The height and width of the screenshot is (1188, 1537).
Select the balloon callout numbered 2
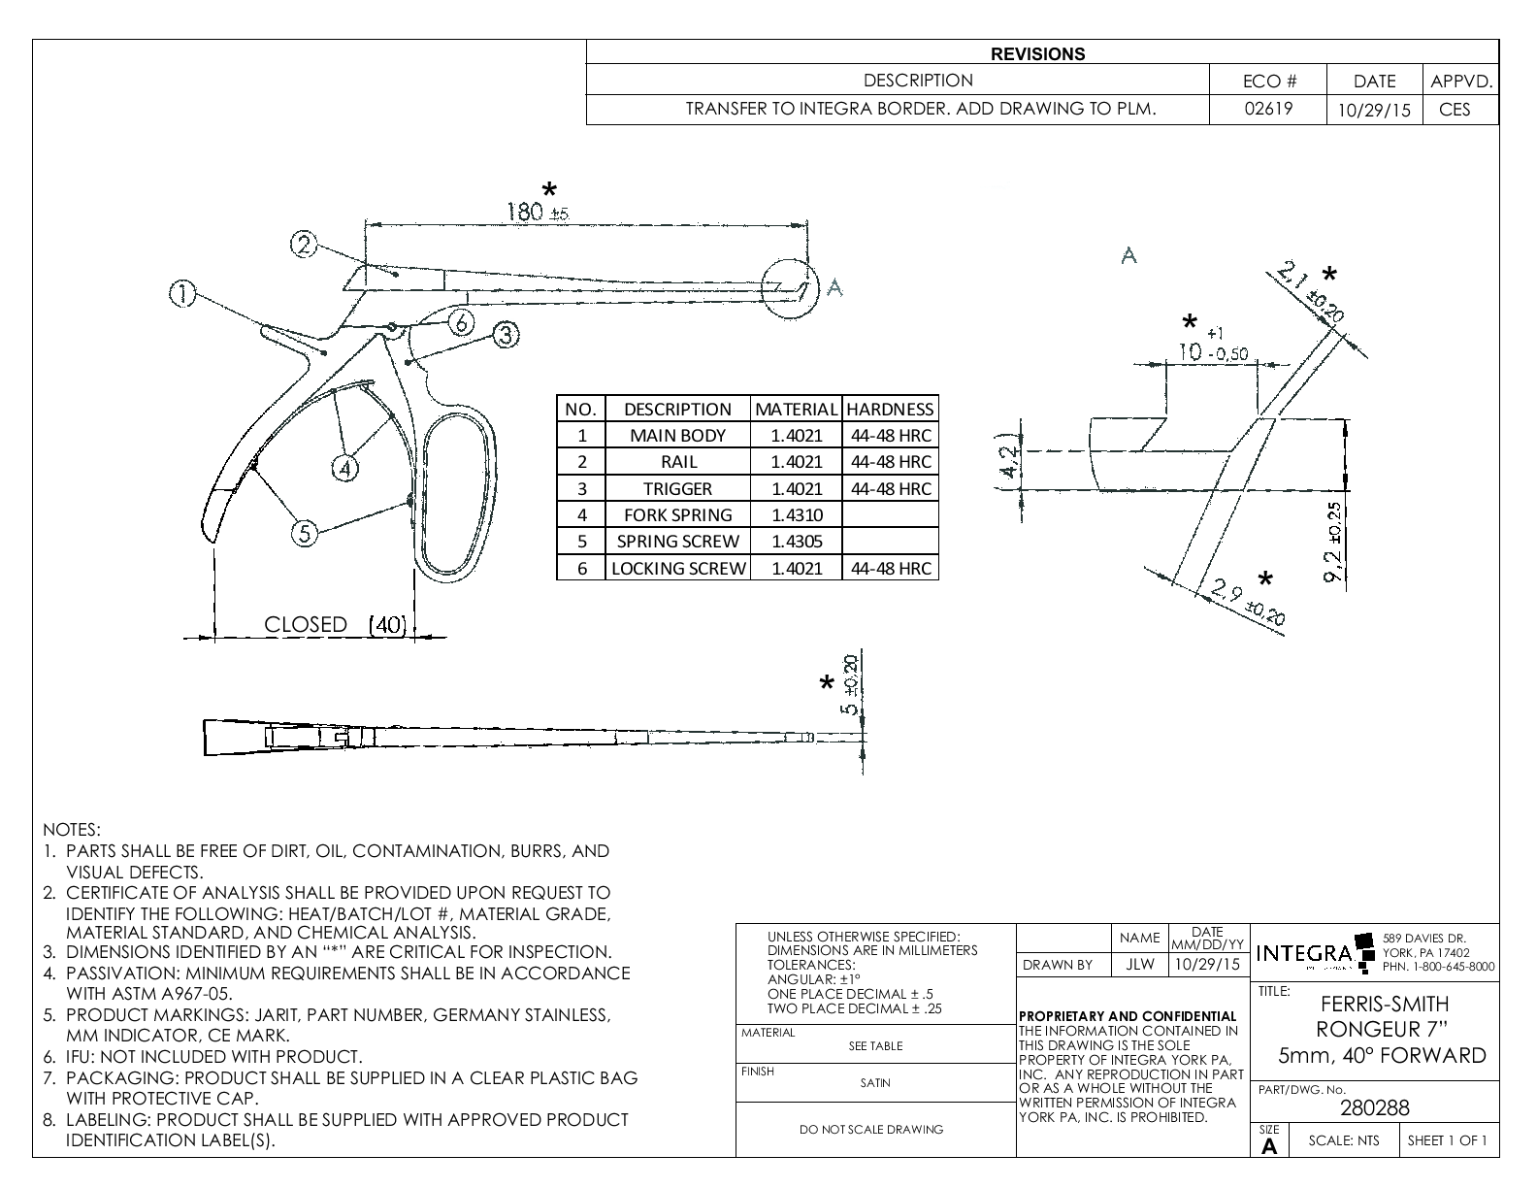point(305,245)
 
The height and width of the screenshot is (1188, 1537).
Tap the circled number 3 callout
point(505,336)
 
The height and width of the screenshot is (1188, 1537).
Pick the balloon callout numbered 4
point(344,468)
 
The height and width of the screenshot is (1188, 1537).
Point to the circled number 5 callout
point(306,533)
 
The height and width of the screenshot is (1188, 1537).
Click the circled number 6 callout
point(462,321)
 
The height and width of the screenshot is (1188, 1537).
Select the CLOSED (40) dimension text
point(336,624)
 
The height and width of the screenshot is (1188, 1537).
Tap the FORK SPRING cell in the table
point(677,514)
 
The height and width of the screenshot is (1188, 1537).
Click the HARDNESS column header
point(890,409)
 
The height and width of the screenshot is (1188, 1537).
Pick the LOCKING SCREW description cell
point(677,568)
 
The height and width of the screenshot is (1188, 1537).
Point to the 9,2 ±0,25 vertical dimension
point(1334,544)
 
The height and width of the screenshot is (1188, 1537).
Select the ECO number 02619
point(1268,109)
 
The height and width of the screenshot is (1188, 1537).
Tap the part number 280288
point(1374,1107)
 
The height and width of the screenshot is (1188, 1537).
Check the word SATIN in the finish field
point(875,1083)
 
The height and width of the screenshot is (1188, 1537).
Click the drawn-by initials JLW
point(1139,965)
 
